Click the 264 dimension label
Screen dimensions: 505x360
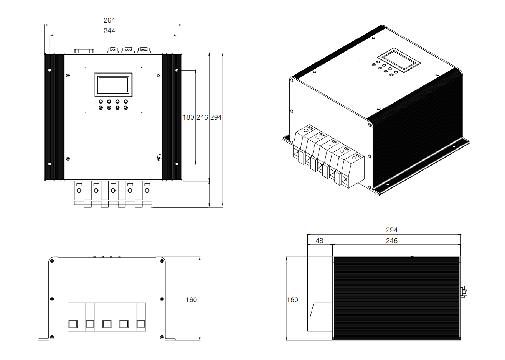coord(109,20)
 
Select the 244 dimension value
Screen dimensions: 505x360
coord(109,31)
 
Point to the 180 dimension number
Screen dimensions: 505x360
coord(188,117)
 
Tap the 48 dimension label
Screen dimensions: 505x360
coord(319,241)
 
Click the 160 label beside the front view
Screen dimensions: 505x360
coord(191,300)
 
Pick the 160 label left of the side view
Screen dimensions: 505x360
coord(292,300)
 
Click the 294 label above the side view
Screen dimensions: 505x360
coord(391,230)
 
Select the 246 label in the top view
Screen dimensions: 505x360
coord(202,117)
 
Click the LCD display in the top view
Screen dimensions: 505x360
coord(113,85)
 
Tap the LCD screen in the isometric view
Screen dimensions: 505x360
coord(399,60)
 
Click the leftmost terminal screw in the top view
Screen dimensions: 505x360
coord(79,191)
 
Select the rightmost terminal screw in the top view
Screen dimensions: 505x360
coord(147,191)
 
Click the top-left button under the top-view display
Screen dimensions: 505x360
coord(101,102)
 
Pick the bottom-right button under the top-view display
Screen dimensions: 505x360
coord(126,108)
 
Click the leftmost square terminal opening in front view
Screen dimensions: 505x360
coord(73,324)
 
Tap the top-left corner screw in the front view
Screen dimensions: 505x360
coord(52,261)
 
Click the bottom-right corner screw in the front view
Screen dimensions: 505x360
coord(162,337)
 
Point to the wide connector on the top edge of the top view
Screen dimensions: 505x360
coord(84,51)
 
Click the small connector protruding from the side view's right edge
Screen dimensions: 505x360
coord(464,292)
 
